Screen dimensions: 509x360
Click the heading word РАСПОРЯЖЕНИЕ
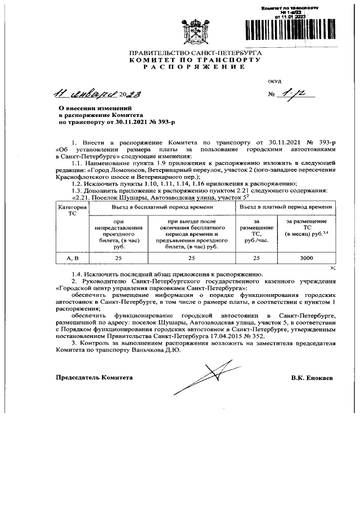(x=194, y=66)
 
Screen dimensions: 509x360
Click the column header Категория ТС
(x=73, y=210)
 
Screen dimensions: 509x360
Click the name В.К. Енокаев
(x=312, y=378)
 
